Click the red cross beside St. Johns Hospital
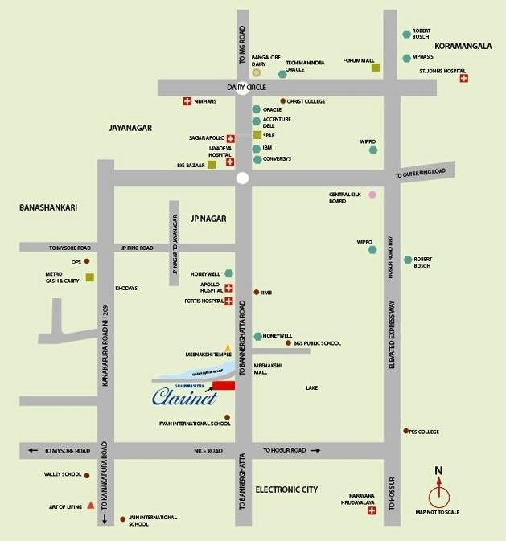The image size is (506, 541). click(463, 78)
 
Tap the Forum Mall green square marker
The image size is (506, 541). click(375, 68)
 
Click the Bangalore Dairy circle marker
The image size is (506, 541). click(257, 73)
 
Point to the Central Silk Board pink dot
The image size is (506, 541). click(372, 195)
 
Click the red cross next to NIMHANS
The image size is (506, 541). click(187, 101)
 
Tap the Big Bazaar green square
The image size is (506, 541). click(212, 165)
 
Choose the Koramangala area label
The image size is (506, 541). click(463, 47)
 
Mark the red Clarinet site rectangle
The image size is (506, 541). click(224, 387)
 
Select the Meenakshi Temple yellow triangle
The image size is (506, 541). click(228, 347)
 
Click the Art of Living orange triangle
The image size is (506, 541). click(91, 505)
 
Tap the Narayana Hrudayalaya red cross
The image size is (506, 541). click(372, 510)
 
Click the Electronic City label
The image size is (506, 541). click(286, 490)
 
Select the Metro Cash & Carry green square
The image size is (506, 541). click(89, 277)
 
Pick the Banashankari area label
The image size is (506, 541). click(47, 207)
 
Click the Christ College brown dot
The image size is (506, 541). click(282, 101)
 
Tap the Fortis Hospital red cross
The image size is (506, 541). click(229, 301)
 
